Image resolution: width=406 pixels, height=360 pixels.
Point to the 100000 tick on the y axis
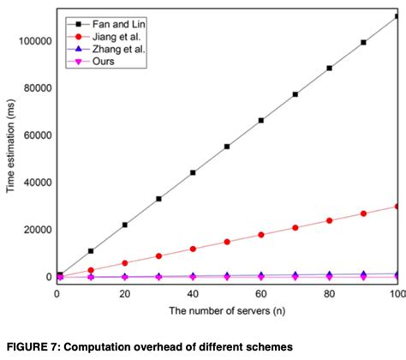[x=31, y=40]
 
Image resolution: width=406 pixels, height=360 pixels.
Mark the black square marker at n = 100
[x=397, y=16]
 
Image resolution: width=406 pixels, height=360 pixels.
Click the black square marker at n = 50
[x=227, y=147]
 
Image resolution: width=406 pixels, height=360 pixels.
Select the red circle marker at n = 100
[x=397, y=206]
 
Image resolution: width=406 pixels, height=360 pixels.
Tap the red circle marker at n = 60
[x=260, y=234]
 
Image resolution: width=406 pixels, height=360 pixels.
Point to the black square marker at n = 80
[x=329, y=68]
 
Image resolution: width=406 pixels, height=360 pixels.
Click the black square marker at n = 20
[x=125, y=225]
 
